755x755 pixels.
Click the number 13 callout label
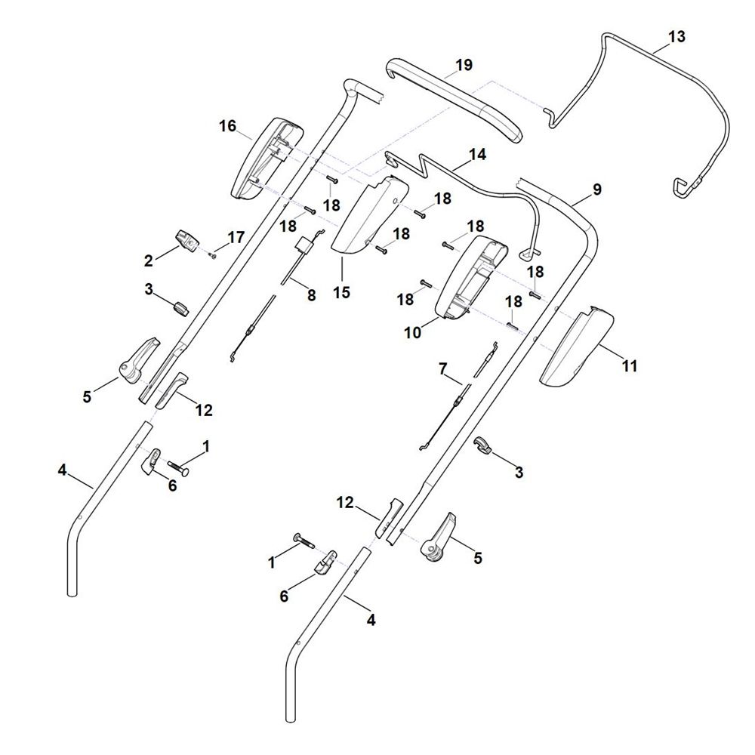tap(676, 35)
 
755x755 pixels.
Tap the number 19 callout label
tap(464, 65)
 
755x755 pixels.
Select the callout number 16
tap(227, 126)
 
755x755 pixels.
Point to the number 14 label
tap(477, 155)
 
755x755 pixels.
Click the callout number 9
tap(597, 190)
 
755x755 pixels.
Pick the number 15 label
tap(342, 291)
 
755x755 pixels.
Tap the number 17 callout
tap(236, 237)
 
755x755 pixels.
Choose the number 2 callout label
tap(149, 261)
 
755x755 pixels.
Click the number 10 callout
tap(413, 331)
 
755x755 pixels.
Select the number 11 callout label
tap(629, 366)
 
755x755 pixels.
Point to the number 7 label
tap(443, 369)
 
